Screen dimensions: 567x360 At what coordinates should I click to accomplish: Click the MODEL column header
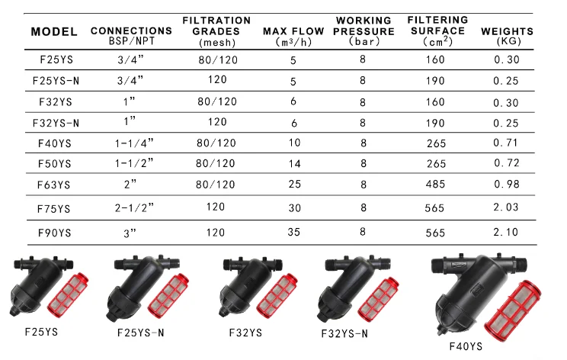click(54, 32)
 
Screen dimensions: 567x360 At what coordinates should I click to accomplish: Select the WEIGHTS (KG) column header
click(507, 35)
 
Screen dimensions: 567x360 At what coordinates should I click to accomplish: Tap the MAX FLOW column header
click(293, 36)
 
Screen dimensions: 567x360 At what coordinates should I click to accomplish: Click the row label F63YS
click(54, 185)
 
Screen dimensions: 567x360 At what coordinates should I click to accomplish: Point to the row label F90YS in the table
click(55, 233)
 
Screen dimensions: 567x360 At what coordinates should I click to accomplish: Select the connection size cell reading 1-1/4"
click(134, 143)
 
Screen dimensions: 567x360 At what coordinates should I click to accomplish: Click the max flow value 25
click(295, 184)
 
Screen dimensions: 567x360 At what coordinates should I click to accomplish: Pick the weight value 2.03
click(506, 207)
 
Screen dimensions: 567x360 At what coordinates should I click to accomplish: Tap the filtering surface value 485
click(435, 184)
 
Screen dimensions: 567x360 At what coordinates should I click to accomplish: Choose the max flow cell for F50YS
click(295, 164)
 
